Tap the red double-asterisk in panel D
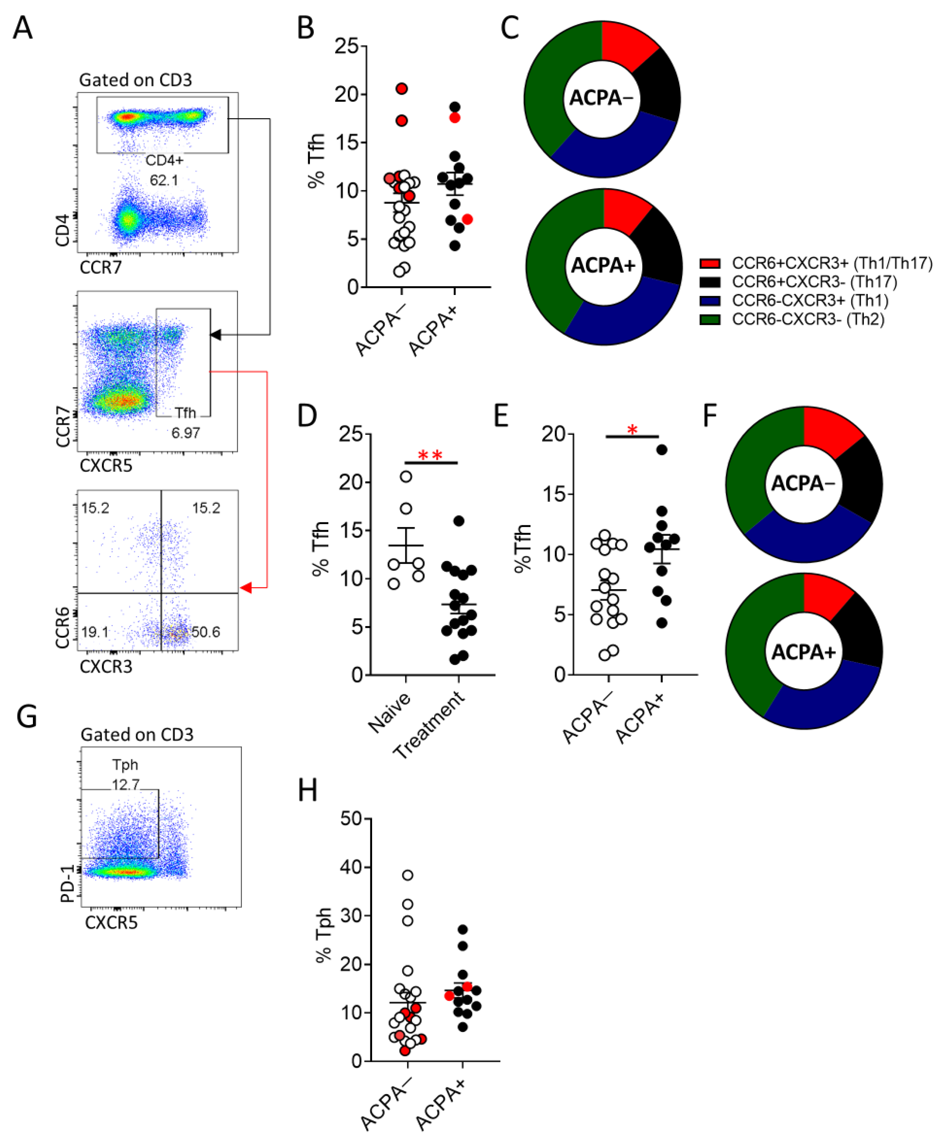(x=430, y=456)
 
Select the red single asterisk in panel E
(x=632, y=430)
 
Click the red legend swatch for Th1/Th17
(x=710, y=263)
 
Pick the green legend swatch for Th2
(x=710, y=320)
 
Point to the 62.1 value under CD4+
(x=164, y=180)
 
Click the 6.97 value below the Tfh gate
(x=186, y=433)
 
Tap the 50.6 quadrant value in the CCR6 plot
(x=206, y=631)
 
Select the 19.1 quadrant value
(x=95, y=631)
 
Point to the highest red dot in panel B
(x=401, y=89)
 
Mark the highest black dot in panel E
(x=661, y=450)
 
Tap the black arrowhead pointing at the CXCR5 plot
(x=216, y=335)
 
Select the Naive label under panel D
(x=389, y=712)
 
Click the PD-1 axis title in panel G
(x=67, y=884)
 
